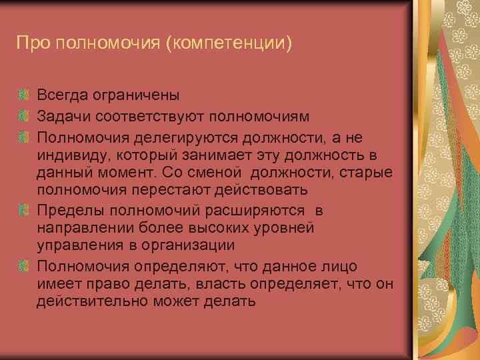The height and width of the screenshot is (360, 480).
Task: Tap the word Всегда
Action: (x=65, y=98)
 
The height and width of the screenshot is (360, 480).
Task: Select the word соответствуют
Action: (x=150, y=117)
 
